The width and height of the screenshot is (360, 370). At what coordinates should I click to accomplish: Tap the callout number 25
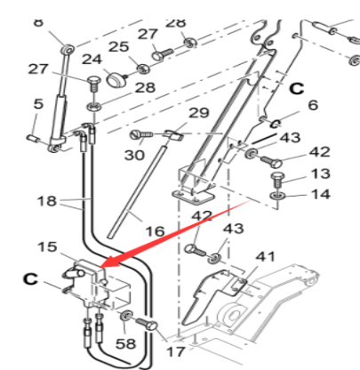(x=118, y=46)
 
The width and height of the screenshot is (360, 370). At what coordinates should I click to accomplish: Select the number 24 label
(x=92, y=60)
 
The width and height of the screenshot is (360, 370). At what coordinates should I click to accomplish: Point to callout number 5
(x=37, y=104)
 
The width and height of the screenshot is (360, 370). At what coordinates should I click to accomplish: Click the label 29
(x=198, y=113)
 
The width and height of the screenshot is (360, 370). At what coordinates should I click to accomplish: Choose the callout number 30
(x=134, y=155)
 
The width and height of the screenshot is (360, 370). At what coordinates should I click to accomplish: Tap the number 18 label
(x=45, y=202)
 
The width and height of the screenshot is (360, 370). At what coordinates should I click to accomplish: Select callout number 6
(x=312, y=105)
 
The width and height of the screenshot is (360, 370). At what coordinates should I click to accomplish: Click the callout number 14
(x=320, y=194)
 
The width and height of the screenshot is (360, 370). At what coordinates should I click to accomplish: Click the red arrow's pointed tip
(x=101, y=265)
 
